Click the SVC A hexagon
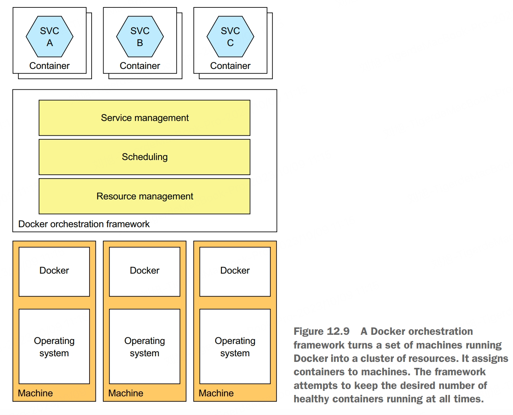(49, 37)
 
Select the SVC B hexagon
(140, 37)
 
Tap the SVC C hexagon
(230, 37)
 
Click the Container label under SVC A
(49, 66)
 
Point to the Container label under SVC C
(230, 66)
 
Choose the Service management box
(144, 118)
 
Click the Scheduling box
(144, 157)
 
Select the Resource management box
(144, 196)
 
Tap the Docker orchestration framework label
(84, 224)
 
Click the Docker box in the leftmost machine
(54, 272)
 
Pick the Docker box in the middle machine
(144, 272)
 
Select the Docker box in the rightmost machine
(235, 272)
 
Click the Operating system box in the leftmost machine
(54, 346)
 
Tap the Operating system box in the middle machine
(144, 346)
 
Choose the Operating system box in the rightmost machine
(235, 346)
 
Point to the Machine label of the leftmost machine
(35, 393)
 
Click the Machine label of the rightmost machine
(216, 393)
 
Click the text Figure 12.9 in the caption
(321, 331)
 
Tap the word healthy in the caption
(311, 399)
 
